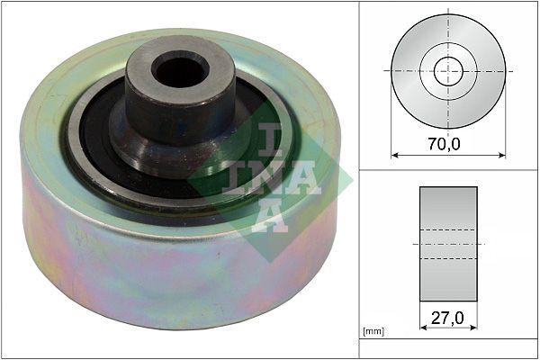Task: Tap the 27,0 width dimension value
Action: pos(447,317)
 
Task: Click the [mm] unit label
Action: pos(373,332)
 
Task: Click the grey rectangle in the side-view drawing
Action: pos(447,207)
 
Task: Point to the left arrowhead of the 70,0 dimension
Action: pos(394,155)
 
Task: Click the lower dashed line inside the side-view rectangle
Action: pos(447,259)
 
